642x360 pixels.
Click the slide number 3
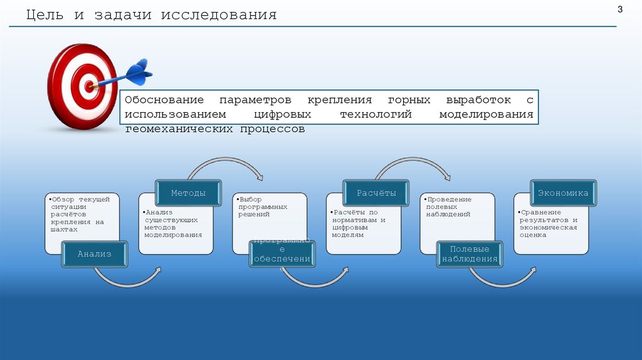[x=620, y=9]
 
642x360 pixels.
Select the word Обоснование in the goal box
[x=164, y=100]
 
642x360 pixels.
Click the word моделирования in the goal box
[x=486, y=115]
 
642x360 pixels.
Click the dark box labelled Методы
[x=189, y=193]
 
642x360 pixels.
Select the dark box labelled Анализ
[x=95, y=254]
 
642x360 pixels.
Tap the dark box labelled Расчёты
[x=376, y=193]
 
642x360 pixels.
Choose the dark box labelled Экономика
[x=562, y=193]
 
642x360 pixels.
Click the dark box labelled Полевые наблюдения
[x=470, y=254]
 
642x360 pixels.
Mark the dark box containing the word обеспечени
[x=282, y=255]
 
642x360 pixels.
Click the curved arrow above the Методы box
[x=226, y=164]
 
